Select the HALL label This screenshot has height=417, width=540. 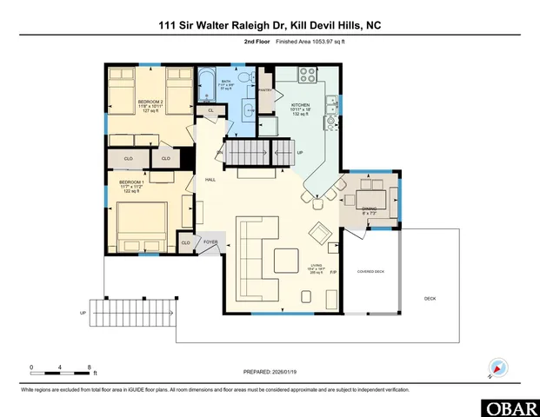click(210, 180)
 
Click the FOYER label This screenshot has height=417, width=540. click(210, 242)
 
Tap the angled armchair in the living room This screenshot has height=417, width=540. click(320, 233)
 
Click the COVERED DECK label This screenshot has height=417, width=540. click(371, 272)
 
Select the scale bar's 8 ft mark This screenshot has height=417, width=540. click(90, 367)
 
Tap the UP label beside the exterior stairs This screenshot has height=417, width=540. click(83, 312)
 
